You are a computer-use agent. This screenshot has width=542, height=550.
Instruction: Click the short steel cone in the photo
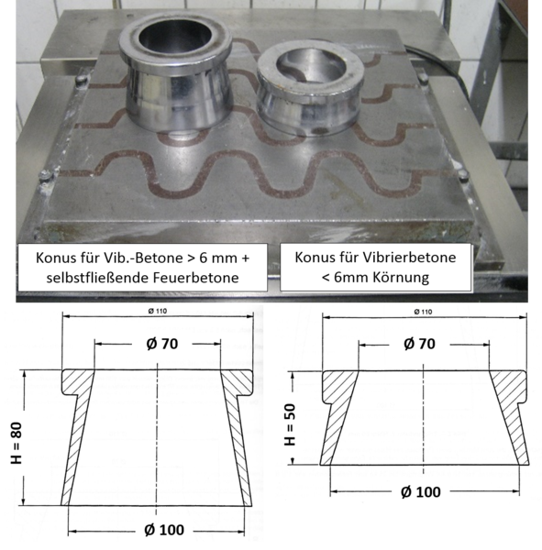tap(309, 88)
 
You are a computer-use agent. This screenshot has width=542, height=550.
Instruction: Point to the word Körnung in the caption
tap(399, 278)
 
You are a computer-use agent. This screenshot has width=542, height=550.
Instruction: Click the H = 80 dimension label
tap(17, 443)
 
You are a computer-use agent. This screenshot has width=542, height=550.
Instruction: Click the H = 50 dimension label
tap(290, 424)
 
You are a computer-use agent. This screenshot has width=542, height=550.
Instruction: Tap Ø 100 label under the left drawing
tap(164, 530)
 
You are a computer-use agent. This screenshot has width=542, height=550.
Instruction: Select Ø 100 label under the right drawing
tap(421, 492)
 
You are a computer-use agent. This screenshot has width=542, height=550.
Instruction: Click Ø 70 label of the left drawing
tap(162, 344)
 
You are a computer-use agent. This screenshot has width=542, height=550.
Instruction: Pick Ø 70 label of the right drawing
tap(419, 344)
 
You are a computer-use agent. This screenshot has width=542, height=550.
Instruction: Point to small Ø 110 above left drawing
tap(158, 311)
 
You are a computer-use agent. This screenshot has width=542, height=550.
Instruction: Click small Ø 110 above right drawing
tap(423, 312)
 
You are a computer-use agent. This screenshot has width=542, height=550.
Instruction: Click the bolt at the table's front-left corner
tap(46, 175)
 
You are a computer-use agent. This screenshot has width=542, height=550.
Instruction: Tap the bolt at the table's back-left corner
tap(82, 80)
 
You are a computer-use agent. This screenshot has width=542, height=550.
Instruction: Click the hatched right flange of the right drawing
tap(509, 388)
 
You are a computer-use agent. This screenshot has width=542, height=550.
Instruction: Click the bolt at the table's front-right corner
tap(463, 174)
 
